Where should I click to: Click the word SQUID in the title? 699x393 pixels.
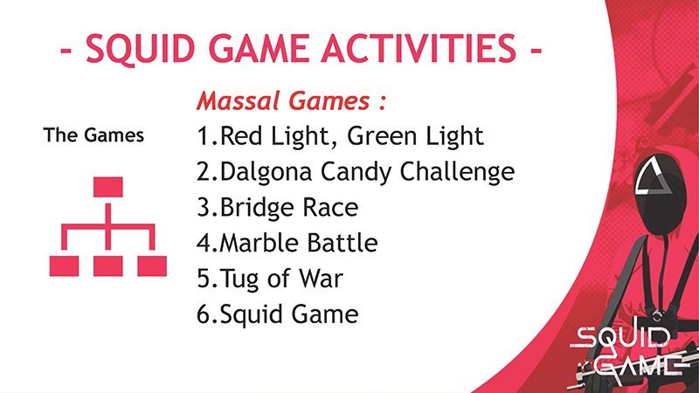(x=141, y=48)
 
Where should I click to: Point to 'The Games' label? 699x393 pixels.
(x=93, y=135)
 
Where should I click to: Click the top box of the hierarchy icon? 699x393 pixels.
(x=107, y=187)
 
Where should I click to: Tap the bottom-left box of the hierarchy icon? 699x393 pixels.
(x=64, y=266)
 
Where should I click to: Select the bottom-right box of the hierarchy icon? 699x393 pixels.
(x=152, y=266)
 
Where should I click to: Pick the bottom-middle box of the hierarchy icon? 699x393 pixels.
(x=107, y=266)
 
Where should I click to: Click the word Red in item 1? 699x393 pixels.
(x=241, y=135)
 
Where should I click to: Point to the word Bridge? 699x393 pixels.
(x=257, y=208)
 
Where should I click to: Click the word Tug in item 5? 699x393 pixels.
(x=239, y=279)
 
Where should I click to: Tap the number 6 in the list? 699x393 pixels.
(x=204, y=314)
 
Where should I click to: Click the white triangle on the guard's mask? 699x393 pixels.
(x=653, y=176)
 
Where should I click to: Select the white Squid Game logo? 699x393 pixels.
(x=627, y=352)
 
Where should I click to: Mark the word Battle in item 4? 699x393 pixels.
(x=343, y=243)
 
